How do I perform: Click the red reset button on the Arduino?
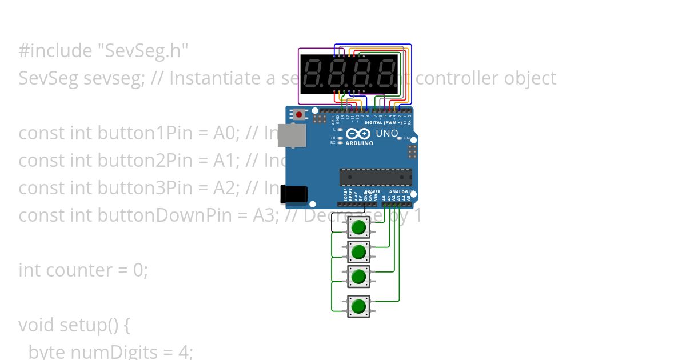tap(298, 114)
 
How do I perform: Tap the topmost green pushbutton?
tap(358, 227)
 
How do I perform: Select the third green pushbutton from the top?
tap(358, 277)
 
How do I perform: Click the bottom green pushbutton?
tap(358, 306)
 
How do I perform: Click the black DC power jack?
tap(294, 195)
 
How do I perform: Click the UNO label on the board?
tap(386, 134)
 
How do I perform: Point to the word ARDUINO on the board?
tap(359, 143)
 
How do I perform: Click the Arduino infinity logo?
tap(359, 134)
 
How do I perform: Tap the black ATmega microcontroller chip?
tap(375, 177)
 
